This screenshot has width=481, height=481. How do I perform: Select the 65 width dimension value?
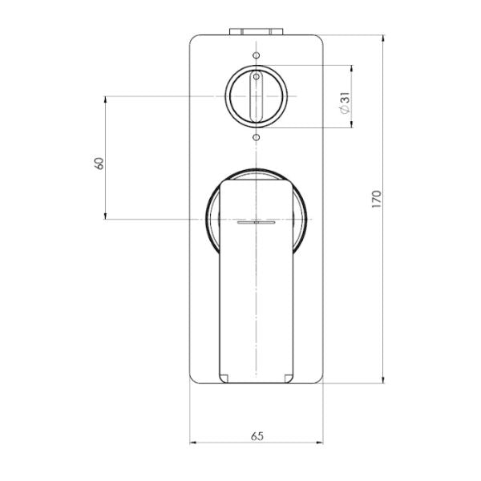point(257,436)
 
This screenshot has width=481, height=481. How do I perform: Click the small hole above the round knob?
point(256,55)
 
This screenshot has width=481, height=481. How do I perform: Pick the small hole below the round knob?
point(256,138)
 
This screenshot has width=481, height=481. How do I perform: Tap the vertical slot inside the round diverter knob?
point(256,97)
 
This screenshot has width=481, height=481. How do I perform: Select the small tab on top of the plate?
point(256,33)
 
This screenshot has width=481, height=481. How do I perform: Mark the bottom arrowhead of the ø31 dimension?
point(351,125)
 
